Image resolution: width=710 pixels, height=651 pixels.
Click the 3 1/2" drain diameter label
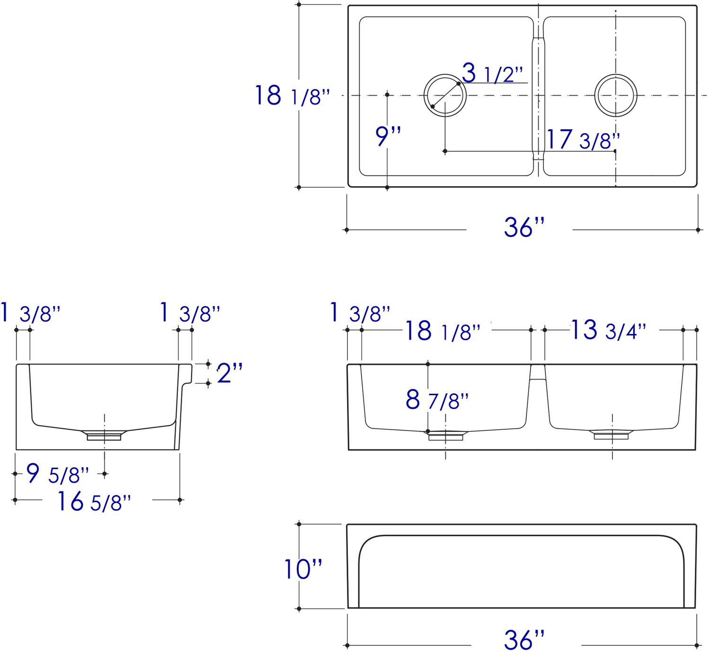pos(492,73)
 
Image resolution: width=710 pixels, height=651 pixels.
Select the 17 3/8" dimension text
pos(583,140)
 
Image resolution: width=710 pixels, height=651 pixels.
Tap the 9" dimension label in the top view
pos(388,136)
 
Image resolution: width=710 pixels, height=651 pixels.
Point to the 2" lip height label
pos(230,373)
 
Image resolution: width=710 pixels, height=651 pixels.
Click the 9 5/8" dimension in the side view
pos(57,474)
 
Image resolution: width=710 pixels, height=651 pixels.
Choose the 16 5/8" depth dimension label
pos(94,502)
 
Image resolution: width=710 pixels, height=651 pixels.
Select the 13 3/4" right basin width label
pos(608,330)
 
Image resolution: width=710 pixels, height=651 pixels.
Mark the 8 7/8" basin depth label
pos(436,400)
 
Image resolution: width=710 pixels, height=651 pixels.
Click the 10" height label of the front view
pos(303,570)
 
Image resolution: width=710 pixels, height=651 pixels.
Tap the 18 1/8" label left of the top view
pos(292,96)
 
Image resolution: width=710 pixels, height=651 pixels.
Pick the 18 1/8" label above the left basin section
pos(442,331)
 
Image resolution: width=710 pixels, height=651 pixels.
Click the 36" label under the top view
pos(524,227)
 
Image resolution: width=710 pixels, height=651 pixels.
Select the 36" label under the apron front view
pos(524,640)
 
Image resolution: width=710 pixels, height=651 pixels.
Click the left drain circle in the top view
pos(445,95)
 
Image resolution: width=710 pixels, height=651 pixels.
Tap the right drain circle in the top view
pos(615,95)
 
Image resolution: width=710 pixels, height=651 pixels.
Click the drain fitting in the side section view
pos(104,435)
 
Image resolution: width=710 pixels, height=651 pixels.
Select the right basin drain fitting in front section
pos(611,434)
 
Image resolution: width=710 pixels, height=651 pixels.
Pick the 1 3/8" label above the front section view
pos(360,314)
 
